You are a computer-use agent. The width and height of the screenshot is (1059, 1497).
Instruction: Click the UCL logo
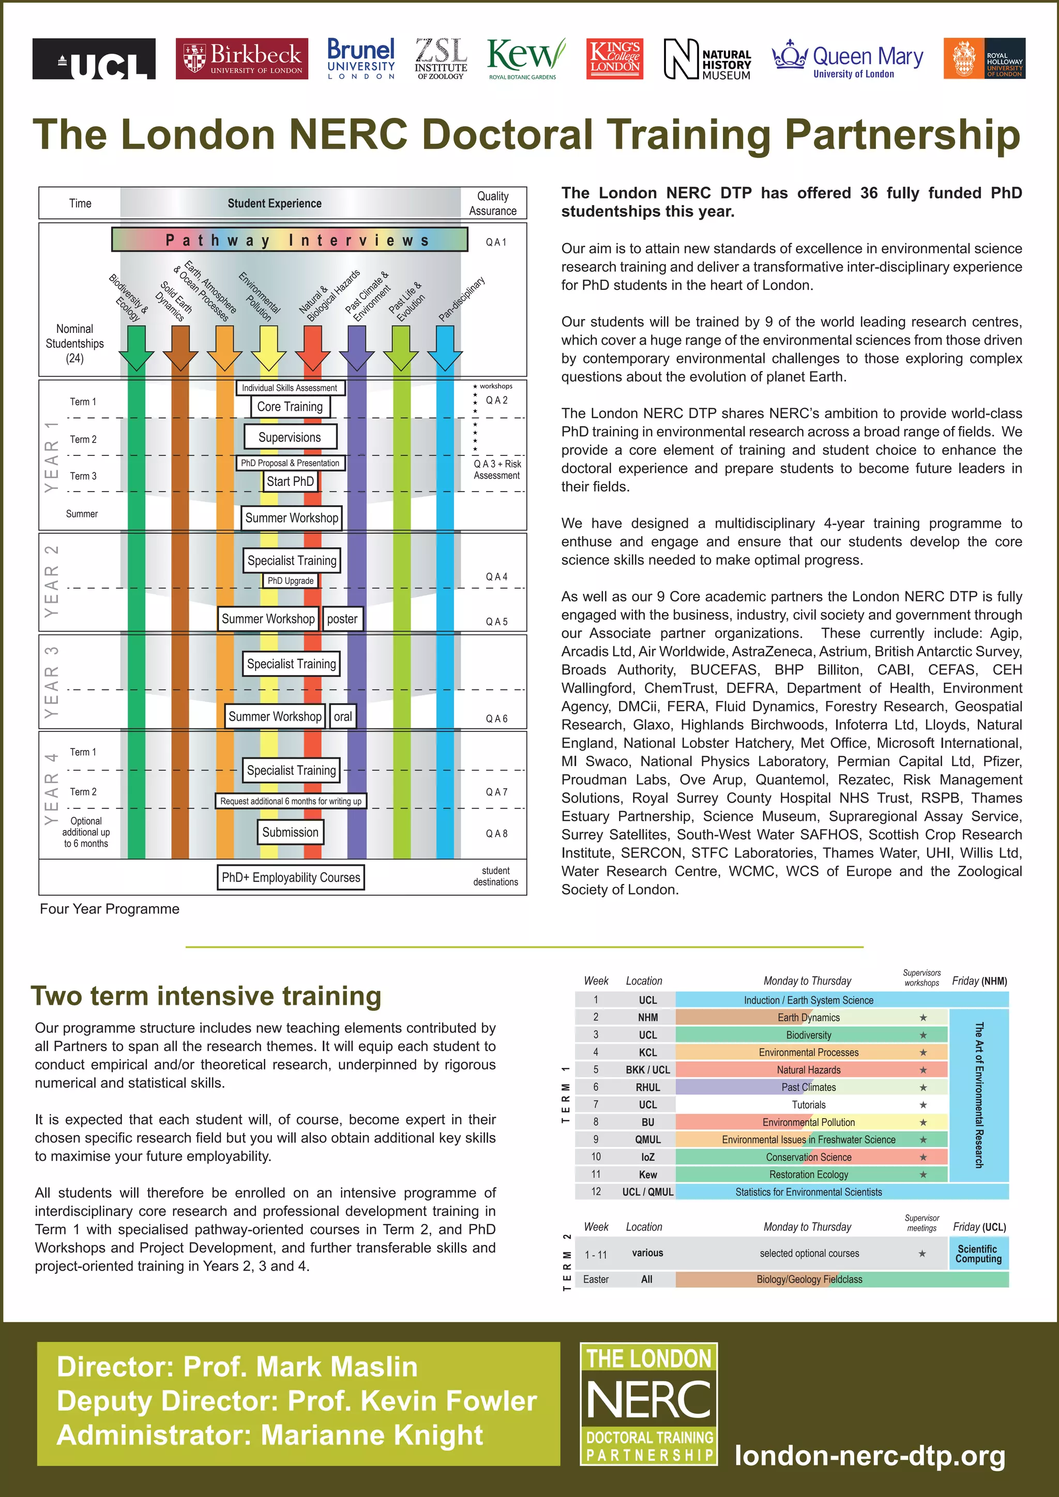pos(94,59)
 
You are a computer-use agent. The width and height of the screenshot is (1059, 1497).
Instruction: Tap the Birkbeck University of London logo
pos(242,59)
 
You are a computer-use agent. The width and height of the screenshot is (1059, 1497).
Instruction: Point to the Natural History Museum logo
pos(707,59)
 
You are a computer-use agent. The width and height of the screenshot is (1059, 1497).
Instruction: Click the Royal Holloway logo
pos(984,59)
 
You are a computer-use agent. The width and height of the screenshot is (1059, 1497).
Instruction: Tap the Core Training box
pos(290,407)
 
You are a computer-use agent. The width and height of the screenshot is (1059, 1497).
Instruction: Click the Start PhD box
pos(290,482)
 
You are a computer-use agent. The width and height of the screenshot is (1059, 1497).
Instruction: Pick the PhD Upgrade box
pos(290,581)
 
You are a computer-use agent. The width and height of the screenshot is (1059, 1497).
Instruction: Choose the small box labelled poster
pos(342,619)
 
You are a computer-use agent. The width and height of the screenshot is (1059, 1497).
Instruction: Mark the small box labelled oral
pos(343,716)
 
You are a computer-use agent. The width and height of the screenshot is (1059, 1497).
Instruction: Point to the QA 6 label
pos(496,719)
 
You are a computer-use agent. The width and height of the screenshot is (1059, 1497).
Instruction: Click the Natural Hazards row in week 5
pos(809,1070)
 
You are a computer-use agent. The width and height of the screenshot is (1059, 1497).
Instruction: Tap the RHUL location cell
pos(647,1088)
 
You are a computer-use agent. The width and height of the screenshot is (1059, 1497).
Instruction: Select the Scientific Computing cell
pos(978,1253)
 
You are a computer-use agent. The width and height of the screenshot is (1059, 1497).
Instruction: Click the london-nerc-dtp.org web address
pos(870,1455)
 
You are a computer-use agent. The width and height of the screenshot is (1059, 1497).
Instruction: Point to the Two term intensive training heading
pos(206,996)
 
